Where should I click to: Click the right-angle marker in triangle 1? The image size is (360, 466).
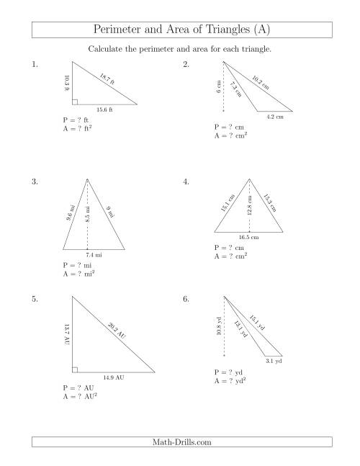(x=76, y=102)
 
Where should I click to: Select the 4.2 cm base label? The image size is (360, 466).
(x=274, y=117)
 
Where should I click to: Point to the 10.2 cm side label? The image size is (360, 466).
(x=261, y=82)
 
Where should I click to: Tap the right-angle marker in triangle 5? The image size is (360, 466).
(x=75, y=369)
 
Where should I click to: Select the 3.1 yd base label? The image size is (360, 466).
(x=274, y=361)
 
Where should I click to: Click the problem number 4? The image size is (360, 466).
(x=186, y=182)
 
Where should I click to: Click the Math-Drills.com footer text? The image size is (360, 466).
(x=180, y=443)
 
